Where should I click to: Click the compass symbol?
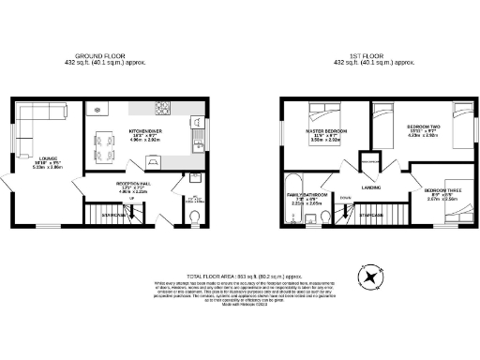[x=372, y=277]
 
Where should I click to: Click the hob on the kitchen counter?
[x=162, y=106]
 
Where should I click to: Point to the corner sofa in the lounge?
[x=37, y=120]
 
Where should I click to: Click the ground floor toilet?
[x=193, y=219]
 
